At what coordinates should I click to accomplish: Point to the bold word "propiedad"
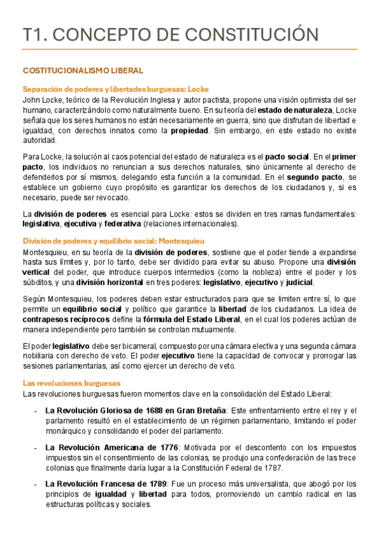click(x=189, y=130)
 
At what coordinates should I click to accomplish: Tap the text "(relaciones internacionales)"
click(x=191, y=224)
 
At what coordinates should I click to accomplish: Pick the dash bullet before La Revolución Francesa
click(x=35, y=484)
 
